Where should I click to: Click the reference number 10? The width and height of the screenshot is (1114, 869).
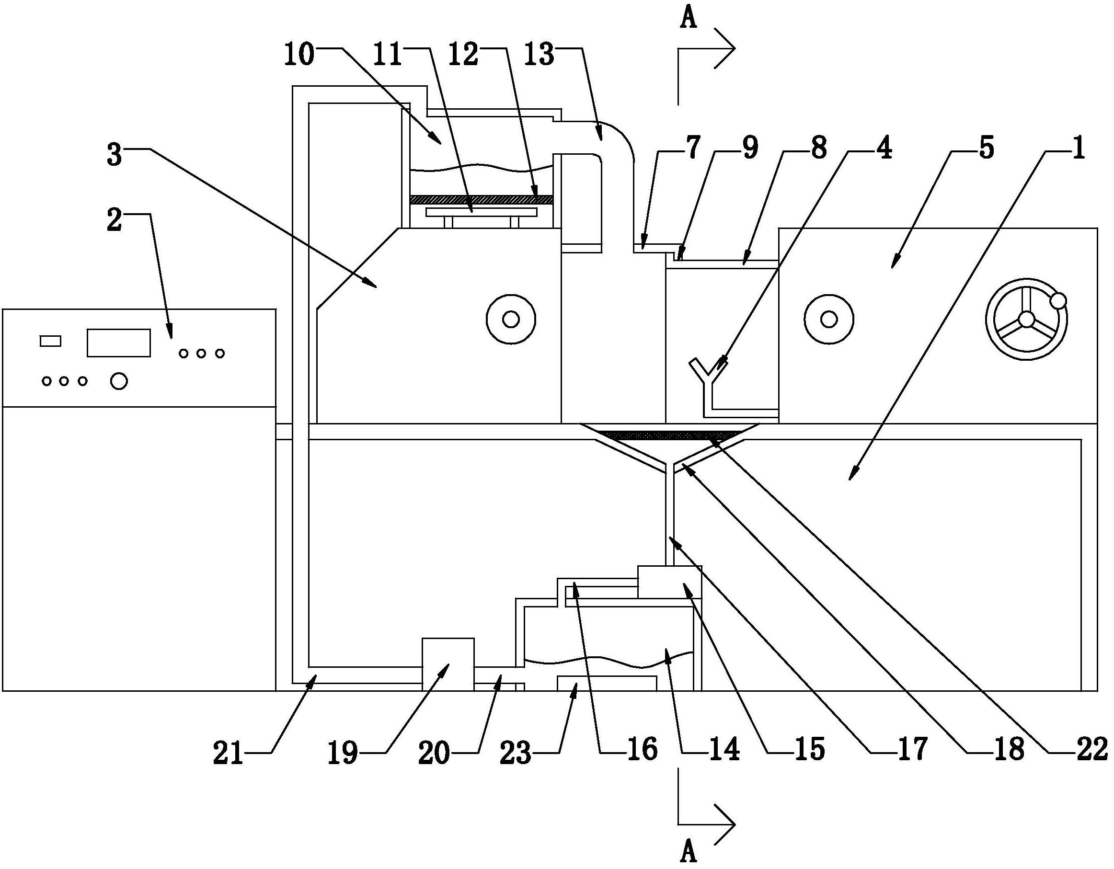click(299, 55)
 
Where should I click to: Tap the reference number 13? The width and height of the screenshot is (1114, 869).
click(539, 55)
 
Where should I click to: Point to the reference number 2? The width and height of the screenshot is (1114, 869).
click(114, 220)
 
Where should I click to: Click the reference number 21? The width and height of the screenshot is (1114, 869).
click(228, 753)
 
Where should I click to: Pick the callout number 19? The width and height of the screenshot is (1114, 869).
click(342, 753)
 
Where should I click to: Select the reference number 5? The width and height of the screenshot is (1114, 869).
click(987, 149)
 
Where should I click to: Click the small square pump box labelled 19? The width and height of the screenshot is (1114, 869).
click(448, 664)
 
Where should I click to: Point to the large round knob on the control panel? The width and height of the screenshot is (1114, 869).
click(119, 381)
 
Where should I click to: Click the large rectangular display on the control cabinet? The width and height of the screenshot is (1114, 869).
click(118, 343)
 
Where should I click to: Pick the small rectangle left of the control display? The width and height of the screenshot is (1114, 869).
click(50, 341)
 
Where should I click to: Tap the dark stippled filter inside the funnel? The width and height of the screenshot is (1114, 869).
click(668, 435)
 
